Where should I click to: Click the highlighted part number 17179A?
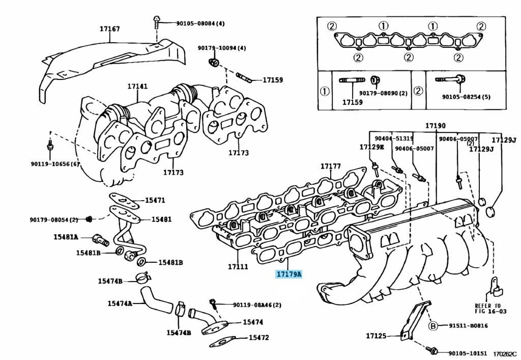click(x=289, y=274)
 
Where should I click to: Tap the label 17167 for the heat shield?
click(x=109, y=29)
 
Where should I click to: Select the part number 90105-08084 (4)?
click(x=200, y=23)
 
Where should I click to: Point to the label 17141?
click(x=137, y=87)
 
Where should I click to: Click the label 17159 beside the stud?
click(x=273, y=80)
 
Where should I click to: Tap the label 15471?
click(x=155, y=201)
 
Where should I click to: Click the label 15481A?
click(x=66, y=237)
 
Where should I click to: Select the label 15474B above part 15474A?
click(x=110, y=281)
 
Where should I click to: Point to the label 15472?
click(x=258, y=338)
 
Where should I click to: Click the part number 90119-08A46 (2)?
click(x=257, y=305)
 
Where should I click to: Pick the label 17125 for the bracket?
click(x=376, y=336)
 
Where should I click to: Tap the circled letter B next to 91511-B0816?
click(x=433, y=326)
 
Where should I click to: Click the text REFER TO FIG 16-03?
click(x=487, y=309)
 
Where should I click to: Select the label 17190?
click(x=436, y=126)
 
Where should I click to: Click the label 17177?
click(x=330, y=167)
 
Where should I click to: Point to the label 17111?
click(x=238, y=266)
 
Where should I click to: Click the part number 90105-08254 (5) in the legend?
click(x=466, y=97)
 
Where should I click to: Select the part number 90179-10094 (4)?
click(x=222, y=48)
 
